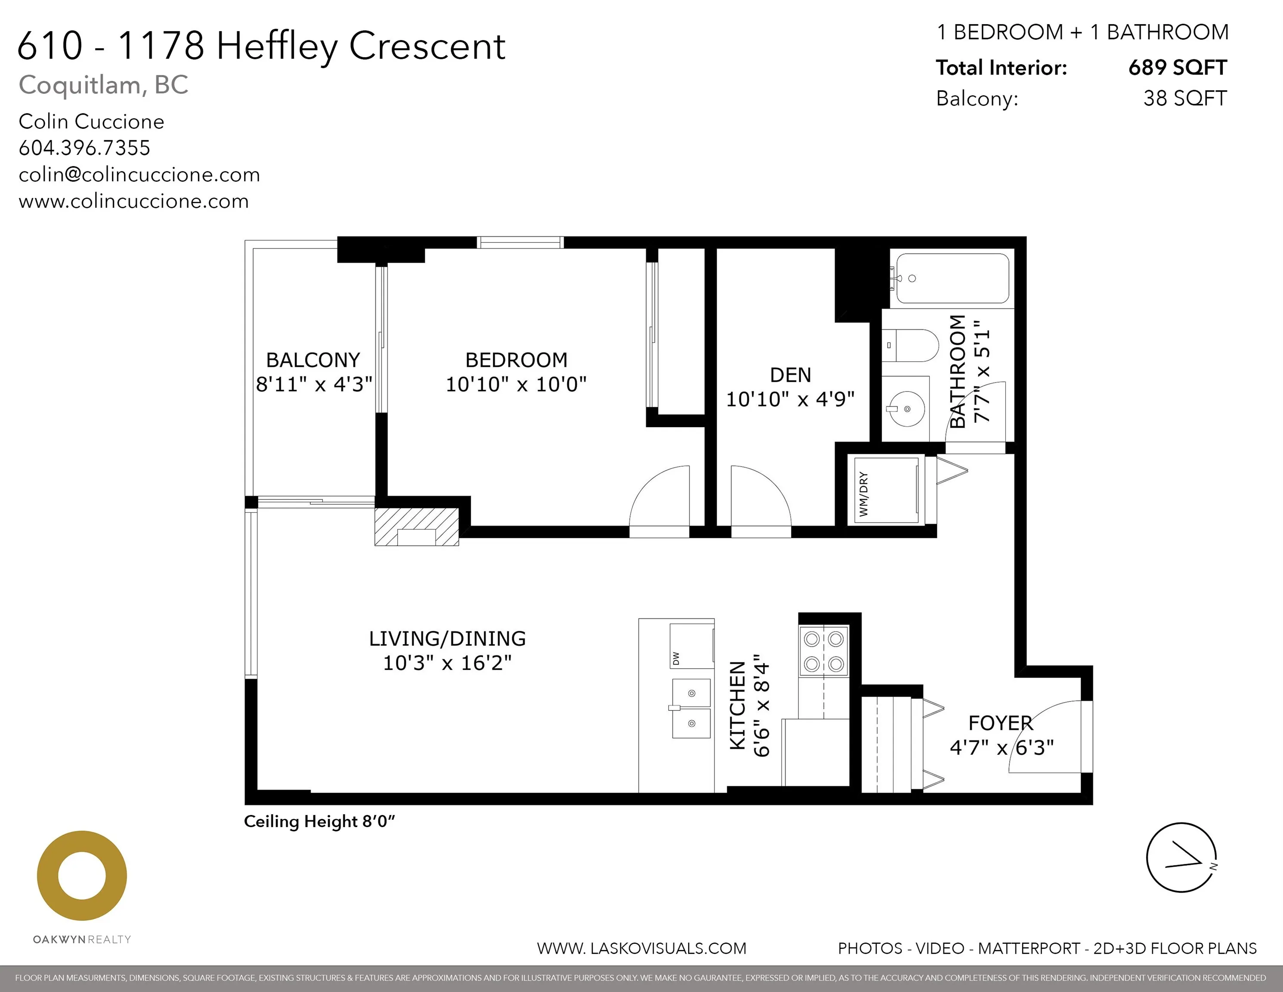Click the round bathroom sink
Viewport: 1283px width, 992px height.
tap(906, 408)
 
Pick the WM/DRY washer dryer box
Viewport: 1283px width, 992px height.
tap(886, 490)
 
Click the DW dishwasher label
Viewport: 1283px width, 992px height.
tap(676, 658)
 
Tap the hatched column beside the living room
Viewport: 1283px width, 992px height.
tap(417, 526)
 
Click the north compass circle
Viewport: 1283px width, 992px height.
tap(1181, 857)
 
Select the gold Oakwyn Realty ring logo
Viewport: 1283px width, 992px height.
tap(82, 876)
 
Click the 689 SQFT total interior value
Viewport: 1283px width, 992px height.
tap(1177, 68)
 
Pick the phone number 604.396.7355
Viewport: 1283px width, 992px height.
tap(85, 148)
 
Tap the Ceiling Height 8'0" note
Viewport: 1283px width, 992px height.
tap(319, 821)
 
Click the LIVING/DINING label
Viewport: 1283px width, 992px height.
tap(447, 638)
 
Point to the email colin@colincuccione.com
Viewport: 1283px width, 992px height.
tap(139, 174)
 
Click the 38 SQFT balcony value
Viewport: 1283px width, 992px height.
tap(1184, 98)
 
